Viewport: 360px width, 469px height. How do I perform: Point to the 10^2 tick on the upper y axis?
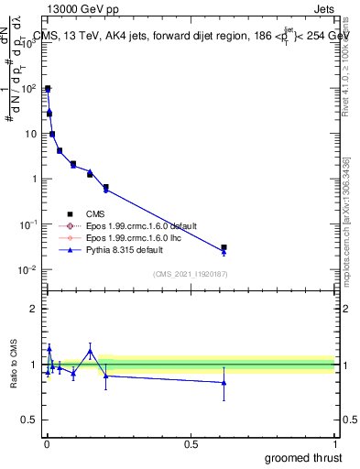click(29, 89)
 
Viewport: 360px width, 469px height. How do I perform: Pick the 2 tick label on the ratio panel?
click(35, 309)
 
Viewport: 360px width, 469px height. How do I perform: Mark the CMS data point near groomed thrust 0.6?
click(224, 247)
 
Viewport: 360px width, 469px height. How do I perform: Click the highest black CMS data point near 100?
click(48, 89)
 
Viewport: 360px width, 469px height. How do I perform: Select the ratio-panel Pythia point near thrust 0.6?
click(224, 383)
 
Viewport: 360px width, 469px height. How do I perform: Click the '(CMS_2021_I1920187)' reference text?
click(191, 273)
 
